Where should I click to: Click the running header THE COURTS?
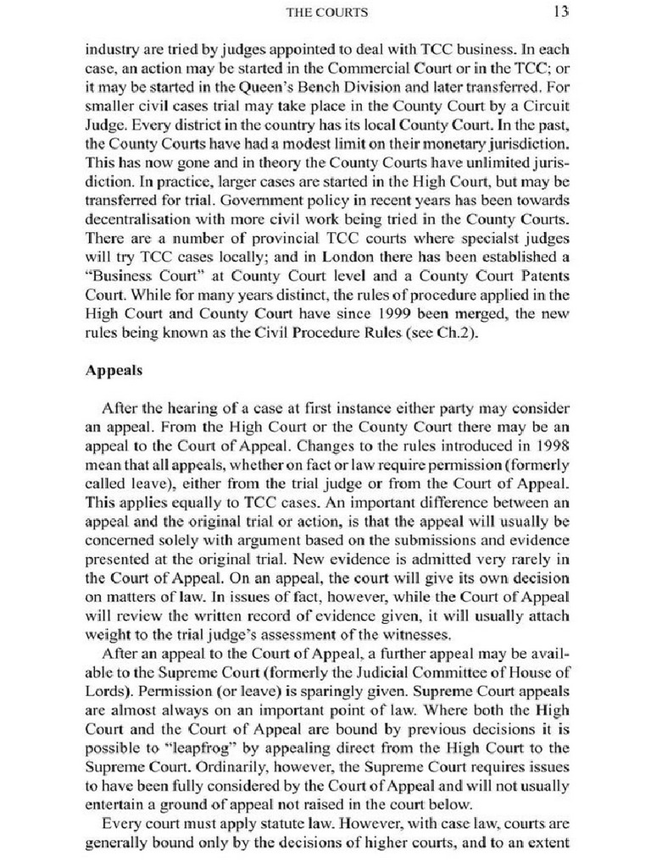tap(325, 12)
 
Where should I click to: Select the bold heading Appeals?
tap(114, 370)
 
